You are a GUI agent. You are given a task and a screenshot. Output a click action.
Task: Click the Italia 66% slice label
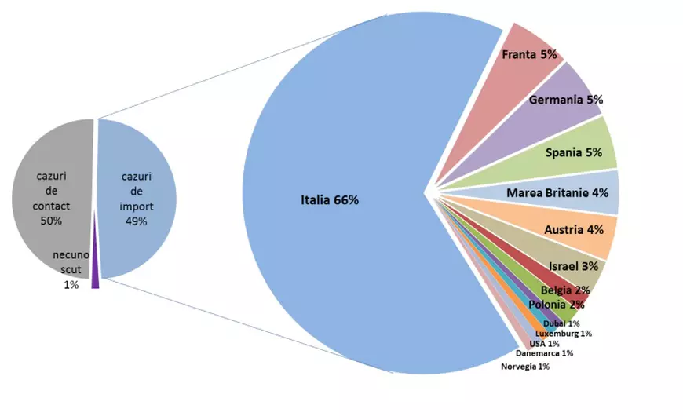[x=330, y=200]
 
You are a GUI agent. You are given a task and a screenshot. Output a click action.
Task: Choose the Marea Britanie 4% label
[x=557, y=192]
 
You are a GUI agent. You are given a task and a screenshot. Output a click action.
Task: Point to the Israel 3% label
[x=573, y=267]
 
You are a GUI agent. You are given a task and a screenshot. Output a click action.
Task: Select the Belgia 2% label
[x=565, y=290]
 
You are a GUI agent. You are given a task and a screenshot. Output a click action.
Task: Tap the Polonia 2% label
[x=556, y=305]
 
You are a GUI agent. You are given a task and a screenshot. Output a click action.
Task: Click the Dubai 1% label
[x=561, y=323]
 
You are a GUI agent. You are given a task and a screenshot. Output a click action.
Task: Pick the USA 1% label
[x=544, y=344]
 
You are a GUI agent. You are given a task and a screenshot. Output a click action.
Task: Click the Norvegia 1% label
[x=525, y=367]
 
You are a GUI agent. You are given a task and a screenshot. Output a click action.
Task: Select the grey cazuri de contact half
[x=47, y=173]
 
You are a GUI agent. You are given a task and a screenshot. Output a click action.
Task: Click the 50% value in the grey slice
[x=52, y=221]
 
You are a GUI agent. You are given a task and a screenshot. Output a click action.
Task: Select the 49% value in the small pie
[x=137, y=221]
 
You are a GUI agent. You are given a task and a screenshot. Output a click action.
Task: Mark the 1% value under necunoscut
[x=71, y=285]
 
